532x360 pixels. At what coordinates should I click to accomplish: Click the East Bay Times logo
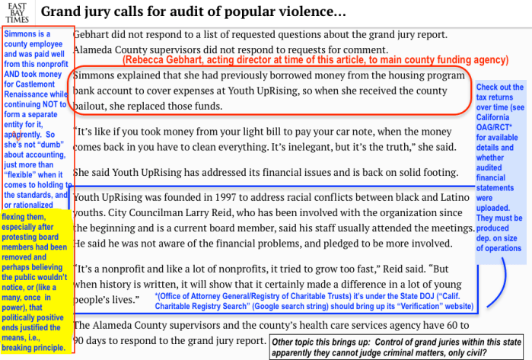pyautogui.click(x=16, y=12)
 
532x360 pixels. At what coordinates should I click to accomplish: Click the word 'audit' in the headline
pyautogui.click(x=190, y=12)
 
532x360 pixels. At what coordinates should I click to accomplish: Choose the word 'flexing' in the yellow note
pyautogui.click(x=18, y=216)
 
